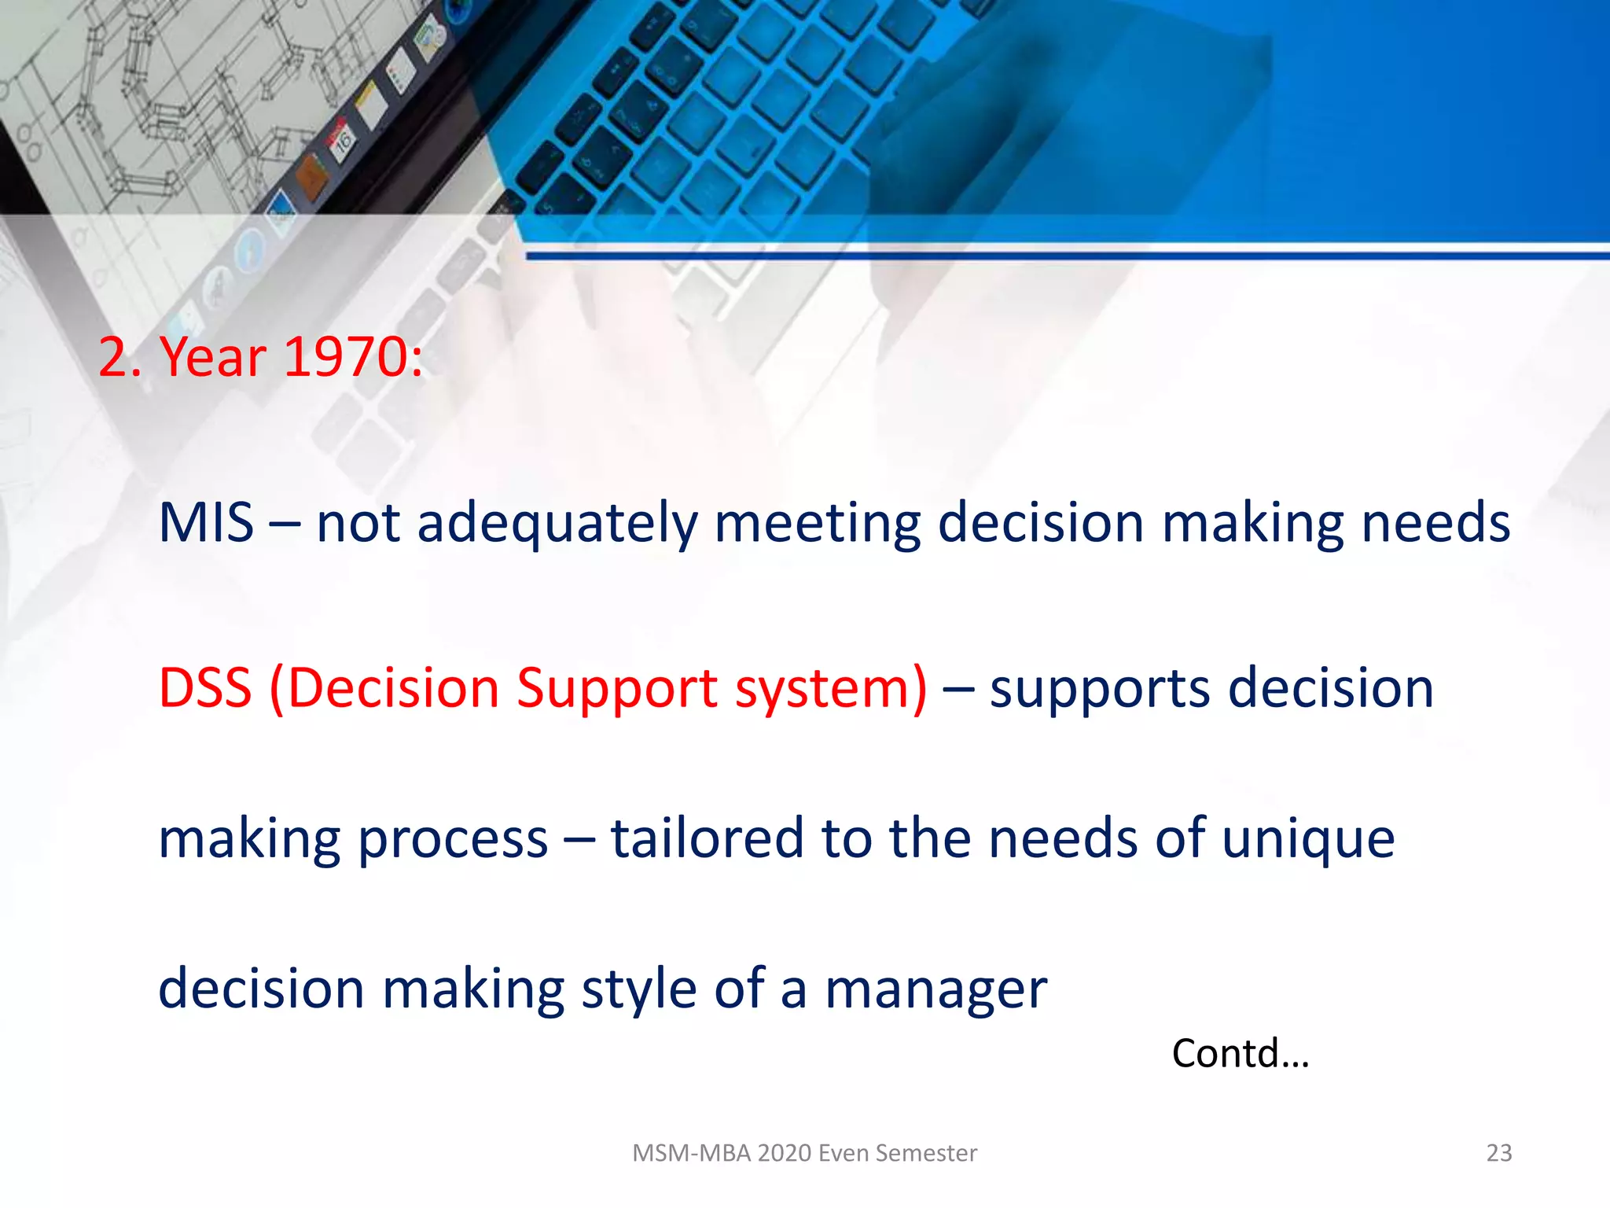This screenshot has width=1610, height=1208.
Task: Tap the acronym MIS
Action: (206, 522)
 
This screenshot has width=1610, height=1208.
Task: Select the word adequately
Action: (557, 524)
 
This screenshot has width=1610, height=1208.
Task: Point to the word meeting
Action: (818, 524)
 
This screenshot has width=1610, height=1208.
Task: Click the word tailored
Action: (707, 838)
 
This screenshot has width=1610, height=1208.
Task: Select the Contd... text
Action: (1240, 1053)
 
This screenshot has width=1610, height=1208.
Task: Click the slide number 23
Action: (1498, 1153)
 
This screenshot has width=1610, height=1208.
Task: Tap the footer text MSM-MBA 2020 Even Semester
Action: (804, 1153)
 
